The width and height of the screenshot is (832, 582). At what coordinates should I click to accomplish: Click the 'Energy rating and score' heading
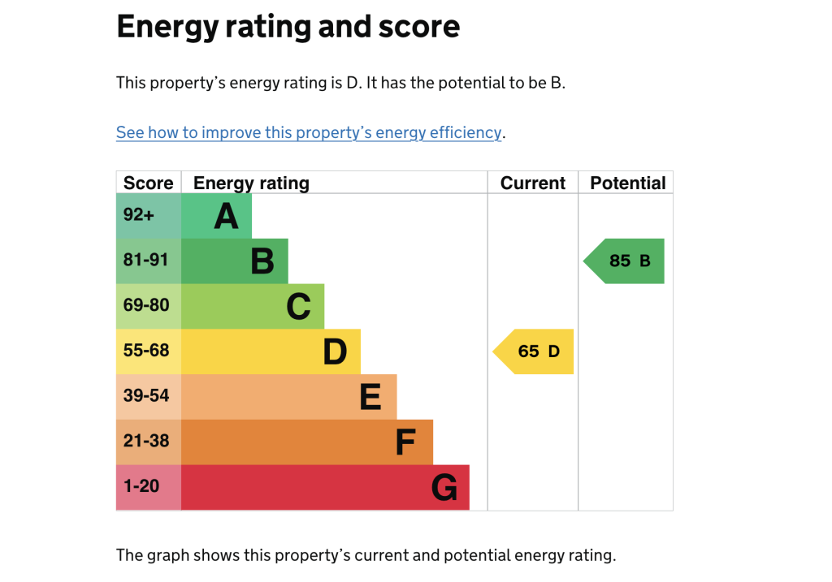(x=288, y=27)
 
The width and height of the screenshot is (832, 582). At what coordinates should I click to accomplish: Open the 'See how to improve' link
(x=309, y=132)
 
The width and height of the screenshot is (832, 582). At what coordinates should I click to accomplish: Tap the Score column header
(x=148, y=183)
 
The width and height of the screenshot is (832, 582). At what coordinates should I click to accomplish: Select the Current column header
(x=532, y=183)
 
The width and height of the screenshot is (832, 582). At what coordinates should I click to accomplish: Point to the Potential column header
(x=627, y=183)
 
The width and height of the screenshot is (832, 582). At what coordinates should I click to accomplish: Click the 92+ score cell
(x=149, y=216)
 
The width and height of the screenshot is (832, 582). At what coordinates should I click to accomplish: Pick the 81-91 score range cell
(x=149, y=261)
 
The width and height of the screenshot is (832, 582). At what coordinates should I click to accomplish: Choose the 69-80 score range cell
(x=149, y=306)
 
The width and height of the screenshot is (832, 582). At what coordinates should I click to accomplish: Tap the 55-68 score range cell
(x=149, y=351)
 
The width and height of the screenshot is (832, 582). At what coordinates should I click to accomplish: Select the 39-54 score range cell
(x=149, y=397)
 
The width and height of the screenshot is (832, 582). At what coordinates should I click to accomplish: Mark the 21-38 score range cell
(x=149, y=442)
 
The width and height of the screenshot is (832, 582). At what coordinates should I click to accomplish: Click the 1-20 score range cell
(x=149, y=487)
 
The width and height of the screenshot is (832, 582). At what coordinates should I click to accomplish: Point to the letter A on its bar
(x=226, y=217)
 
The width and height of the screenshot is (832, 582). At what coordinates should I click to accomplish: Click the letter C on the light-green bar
(x=298, y=307)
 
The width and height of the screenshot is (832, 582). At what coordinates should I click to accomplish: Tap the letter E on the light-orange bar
(x=370, y=398)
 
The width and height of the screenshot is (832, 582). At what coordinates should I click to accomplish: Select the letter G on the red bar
(x=444, y=488)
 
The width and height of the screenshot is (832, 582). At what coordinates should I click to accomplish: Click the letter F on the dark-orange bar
(x=405, y=443)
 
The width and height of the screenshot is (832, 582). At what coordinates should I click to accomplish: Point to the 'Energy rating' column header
(x=251, y=183)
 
